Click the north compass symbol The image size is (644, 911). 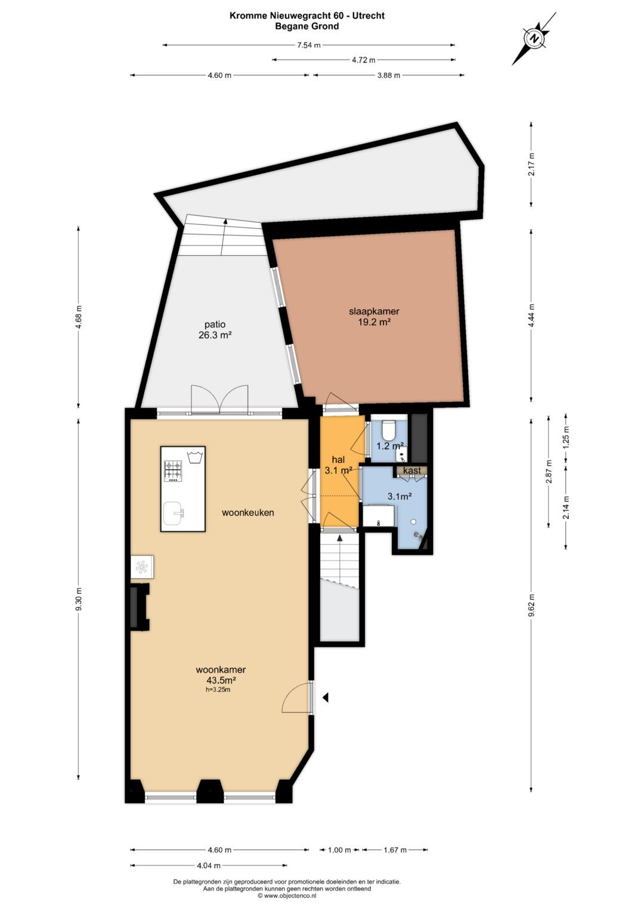click(535, 39)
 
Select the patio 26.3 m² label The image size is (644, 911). click(215, 329)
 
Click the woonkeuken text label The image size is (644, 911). click(247, 512)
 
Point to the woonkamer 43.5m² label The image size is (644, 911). click(220, 675)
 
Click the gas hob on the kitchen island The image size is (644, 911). click(174, 471)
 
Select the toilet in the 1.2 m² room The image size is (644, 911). click(388, 429)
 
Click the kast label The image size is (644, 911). click(412, 471)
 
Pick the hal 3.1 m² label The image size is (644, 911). click(338, 465)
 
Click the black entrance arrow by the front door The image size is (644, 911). click(326, 697)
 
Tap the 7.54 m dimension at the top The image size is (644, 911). click(308, 45)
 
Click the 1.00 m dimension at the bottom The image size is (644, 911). click(339, 850)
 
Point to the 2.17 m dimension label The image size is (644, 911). click(531, 164)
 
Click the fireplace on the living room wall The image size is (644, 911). click(140, 607)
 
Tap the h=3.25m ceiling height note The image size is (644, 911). click(218, 690)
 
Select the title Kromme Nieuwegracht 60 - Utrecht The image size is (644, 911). click(306, 16)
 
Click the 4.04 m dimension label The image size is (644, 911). click(209, 866)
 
